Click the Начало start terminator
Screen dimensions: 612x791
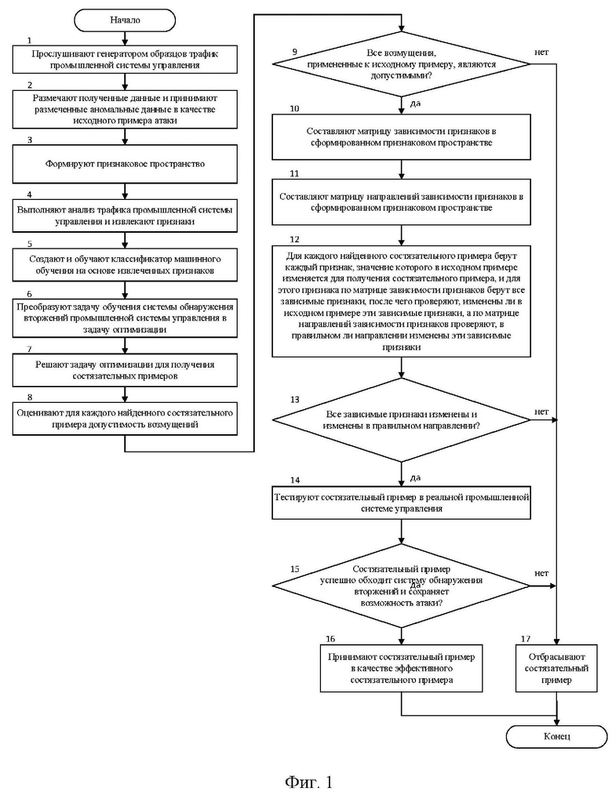(125, 20)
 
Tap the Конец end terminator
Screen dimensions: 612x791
(556, 737)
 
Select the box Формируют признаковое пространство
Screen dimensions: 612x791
(125, 164)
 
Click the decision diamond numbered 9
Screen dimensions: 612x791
(402, 64)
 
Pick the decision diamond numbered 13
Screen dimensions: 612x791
(402, 419)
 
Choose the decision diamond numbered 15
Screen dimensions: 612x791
(402, 586)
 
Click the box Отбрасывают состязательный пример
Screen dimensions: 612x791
(556, 669)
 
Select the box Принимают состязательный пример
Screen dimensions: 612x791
(402, 669)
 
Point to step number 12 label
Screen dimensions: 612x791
(294, 239)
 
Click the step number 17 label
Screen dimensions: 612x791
(526, 639)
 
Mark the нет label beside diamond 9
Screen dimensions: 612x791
(541, 52)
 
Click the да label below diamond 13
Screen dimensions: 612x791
(415, 477)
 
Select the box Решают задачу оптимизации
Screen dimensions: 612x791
(125, 370)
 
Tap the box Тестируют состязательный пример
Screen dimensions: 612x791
(402, 503)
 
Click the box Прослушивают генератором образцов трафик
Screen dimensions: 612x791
(125, 60)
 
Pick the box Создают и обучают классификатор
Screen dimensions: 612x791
(125, 265)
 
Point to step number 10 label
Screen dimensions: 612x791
(294, 108)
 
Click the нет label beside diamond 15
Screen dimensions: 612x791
(541, 573)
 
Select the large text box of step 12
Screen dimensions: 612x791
(402, 302)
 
